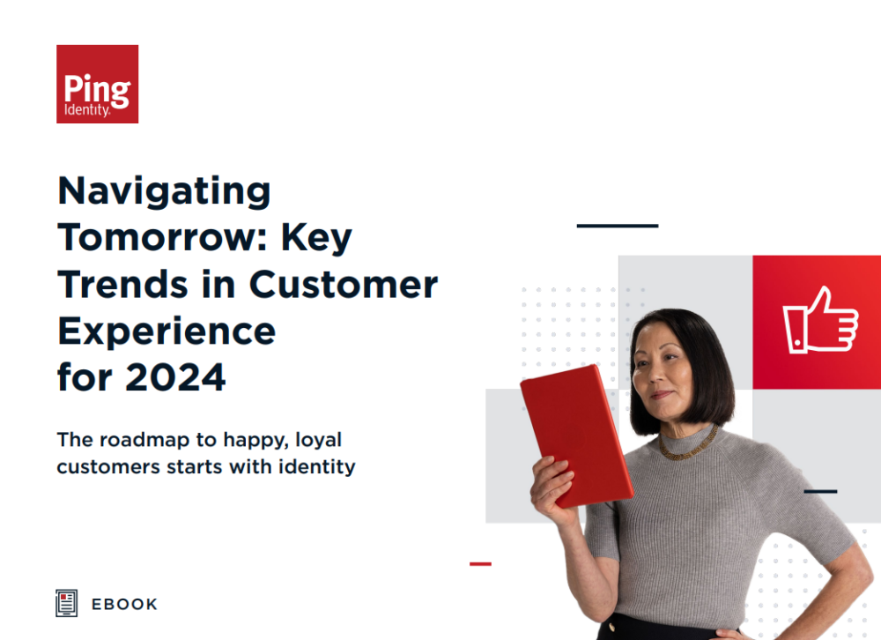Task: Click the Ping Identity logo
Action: pyautogui.click(x=97, y=84)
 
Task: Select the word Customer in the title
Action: pyautogui.click(x=344, y=284)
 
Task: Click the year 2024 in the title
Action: pyautogui.click(x=175, y=377)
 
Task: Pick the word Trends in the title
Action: pyautogui.click(x=122, y=284)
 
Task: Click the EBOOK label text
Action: pyautogui.click(x=124, y=604)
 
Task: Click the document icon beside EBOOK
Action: pyautogui.click(x=66, y=603)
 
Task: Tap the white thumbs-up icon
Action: pyautogui.click(x=820, y=321)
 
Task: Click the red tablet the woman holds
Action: pyautogui.click(x=577, y=435)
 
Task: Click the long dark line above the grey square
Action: pyautogui.click(x=618, y=226)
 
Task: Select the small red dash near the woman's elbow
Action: pyautogui.click(x=480, y=563)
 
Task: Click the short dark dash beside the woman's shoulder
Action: pyautogui.click(x=820, y=492)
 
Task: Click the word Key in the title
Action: pyautogui.click(x=316, y=238)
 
